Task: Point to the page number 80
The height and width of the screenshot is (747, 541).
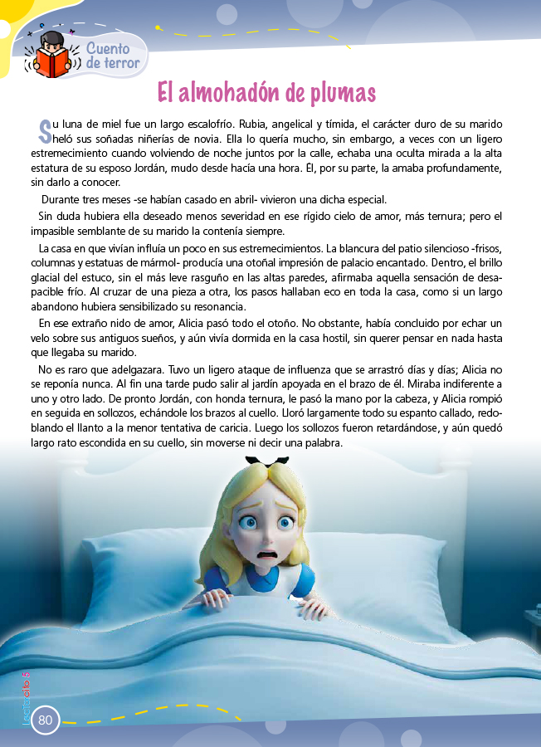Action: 45,720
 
